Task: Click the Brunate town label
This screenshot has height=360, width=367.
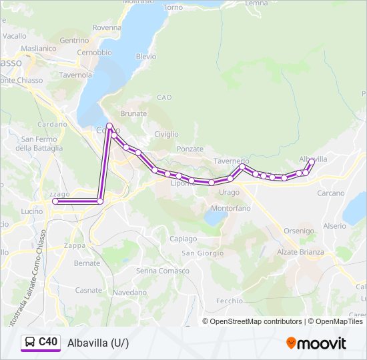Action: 133,114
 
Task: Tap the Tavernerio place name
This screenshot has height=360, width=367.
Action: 232,161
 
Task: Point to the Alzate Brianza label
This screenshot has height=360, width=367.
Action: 300,252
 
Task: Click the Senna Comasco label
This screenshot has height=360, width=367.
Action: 161,271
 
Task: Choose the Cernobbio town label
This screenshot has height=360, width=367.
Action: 94,52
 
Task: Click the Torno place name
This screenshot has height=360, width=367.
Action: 172,7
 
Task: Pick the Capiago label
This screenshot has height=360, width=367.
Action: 183,239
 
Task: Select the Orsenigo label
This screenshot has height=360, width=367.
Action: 298,231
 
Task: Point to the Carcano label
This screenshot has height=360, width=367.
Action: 331,193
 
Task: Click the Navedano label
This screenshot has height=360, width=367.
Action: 129,292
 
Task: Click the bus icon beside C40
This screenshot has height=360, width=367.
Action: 30,342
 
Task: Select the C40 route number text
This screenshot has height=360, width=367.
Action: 48,342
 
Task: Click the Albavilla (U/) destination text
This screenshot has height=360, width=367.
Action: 98,343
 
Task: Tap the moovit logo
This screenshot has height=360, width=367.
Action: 316,343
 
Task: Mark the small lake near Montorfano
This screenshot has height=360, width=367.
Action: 215,218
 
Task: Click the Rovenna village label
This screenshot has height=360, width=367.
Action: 107,28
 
